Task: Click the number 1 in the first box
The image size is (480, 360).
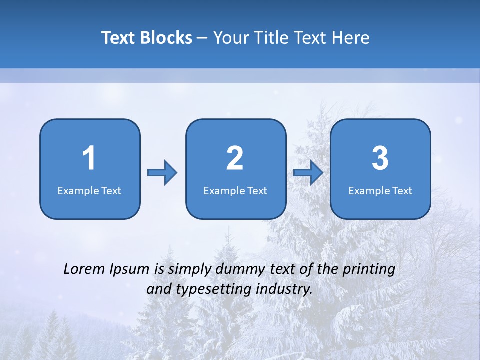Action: (x=89, y=158)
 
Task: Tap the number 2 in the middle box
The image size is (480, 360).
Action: (x=235, y=158)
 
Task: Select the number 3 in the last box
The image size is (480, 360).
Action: (x=380, y=158)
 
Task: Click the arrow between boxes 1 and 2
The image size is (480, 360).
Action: (x=162, y=173)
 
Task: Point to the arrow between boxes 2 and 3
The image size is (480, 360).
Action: (x=308, y=173)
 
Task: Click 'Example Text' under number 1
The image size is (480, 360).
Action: (x=89, y=190)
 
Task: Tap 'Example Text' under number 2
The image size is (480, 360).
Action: (x=235, y=190)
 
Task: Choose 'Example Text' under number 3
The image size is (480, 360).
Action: (x=380, y=190)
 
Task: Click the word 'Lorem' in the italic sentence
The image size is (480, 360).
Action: (x=84, y=269)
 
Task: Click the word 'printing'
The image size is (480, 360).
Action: (x=369, y=270)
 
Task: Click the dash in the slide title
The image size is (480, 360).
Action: (x=202, y=38)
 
